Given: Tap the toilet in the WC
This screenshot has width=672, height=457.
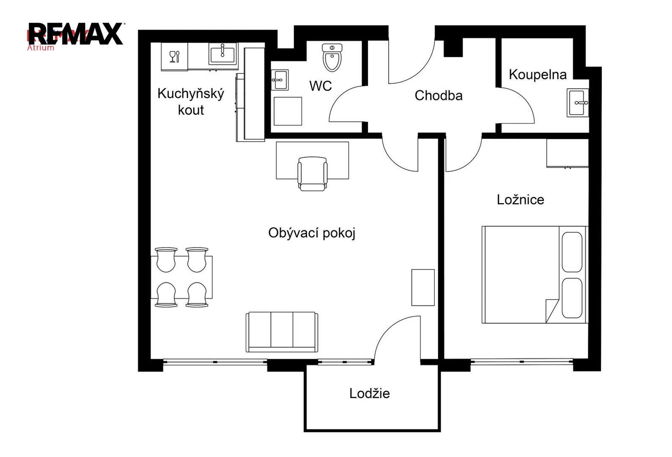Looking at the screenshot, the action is pyautogui.click(x=332, y=58).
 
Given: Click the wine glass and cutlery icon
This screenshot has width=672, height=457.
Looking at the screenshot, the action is pyautogui.click(x=175, y=56).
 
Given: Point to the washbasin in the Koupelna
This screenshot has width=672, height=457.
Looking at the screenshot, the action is pyautogui.click(x=578, y=103).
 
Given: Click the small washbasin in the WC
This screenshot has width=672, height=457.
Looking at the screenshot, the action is pyautogui.click(x=280, y=80).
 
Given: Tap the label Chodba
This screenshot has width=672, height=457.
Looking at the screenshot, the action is pyautogui.click(x=438, y=96).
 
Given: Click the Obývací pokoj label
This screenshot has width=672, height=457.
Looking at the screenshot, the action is pyautogui.click(x=312, y=233).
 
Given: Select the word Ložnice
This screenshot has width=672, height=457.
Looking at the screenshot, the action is pyautogui.click(x=520, y=200).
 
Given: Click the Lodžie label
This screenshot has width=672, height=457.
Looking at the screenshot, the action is pyautogui.click(x=369, y=394).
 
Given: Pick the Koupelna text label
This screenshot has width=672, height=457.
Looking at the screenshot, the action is pyautogui.click(x=538, y=75).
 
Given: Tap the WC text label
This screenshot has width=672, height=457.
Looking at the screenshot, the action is pyautogui.click(x=321, y=86).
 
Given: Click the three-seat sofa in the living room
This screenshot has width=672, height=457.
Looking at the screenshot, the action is pyautogui.click(x=282, y=332).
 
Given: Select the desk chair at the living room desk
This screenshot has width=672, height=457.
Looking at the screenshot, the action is pyautogui.click(x=312, y=174).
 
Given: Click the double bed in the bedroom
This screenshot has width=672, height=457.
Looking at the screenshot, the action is pyautogui.click(x=535, y=275).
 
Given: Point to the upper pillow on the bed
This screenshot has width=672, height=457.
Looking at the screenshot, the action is pyautogui.click(x=572, y=252).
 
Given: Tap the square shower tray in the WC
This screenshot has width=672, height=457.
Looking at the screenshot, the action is pyautogui.click(x=288, y=111).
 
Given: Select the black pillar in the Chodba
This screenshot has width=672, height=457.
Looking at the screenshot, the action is pyautogui.click(x=453, y=47).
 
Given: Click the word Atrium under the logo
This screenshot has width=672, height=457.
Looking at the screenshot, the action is pyautogui.click(x=41, y=48).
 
